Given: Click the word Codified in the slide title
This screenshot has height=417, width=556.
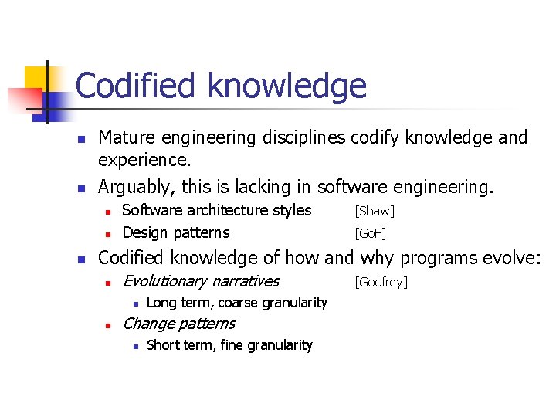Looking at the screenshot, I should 134,86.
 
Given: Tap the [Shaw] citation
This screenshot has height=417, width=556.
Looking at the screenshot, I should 375,212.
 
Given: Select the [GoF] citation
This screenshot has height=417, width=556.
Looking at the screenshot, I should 370,233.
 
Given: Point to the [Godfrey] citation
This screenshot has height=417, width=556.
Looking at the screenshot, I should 380,283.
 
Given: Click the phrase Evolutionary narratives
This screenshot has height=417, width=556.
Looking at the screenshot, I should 201,281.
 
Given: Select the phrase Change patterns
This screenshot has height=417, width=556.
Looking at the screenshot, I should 179,324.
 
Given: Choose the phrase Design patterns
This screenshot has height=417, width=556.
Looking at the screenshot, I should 176,232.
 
